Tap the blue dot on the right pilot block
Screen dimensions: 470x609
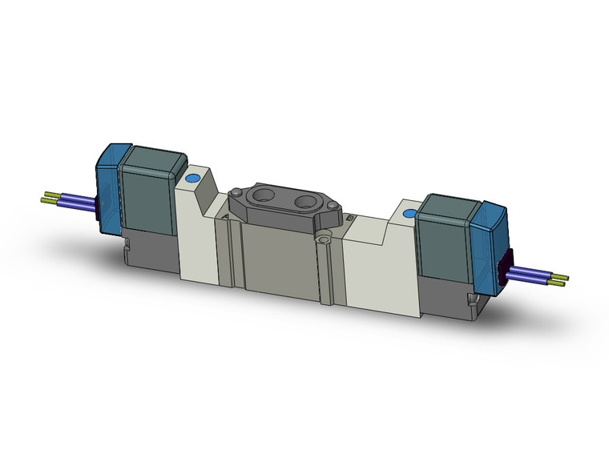tap(409, 215)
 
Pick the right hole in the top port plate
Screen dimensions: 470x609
tap(309, 202)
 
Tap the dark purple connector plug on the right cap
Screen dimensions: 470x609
tap(504, 267)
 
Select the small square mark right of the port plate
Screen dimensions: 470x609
tap(350, 216)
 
